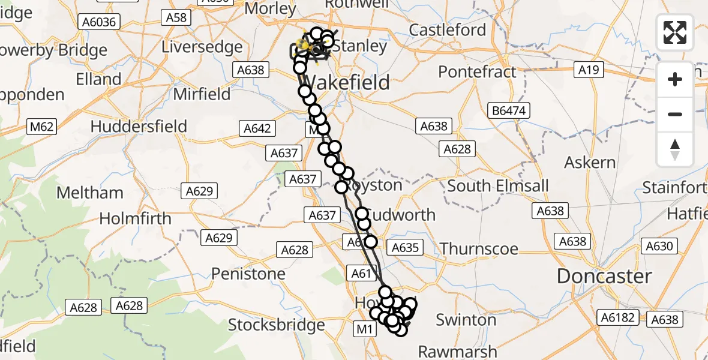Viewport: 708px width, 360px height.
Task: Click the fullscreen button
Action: (x=675, y=32)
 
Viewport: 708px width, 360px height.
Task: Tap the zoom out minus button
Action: (x=675, y=114)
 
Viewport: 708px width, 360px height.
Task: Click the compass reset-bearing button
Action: (x=675, y=149)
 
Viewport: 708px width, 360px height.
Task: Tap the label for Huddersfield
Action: (x=139, y=127)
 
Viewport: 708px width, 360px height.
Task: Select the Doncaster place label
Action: (x=604, y=277)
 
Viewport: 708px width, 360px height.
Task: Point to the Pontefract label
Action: (x=477, y=72)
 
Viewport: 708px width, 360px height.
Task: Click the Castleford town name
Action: (x=448, y=29)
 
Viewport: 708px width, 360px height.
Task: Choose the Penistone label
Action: (x=248, y=274)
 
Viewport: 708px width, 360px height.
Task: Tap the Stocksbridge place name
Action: (x=277, y=325)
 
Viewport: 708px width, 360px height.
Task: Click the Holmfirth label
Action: (x=135, y=219)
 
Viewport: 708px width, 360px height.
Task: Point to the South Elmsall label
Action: (x=498, y=186)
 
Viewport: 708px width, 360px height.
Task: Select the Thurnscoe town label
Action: (x=479, y=248)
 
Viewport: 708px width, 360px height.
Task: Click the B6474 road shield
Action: (x=509, y=110)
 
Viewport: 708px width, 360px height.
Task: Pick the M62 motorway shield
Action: (x=42, y=127)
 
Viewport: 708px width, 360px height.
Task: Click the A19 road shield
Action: (x=589, y=70)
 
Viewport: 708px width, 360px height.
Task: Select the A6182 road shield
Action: (x=619, y=317)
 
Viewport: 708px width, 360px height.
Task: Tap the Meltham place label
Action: (x=90, y=193)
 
